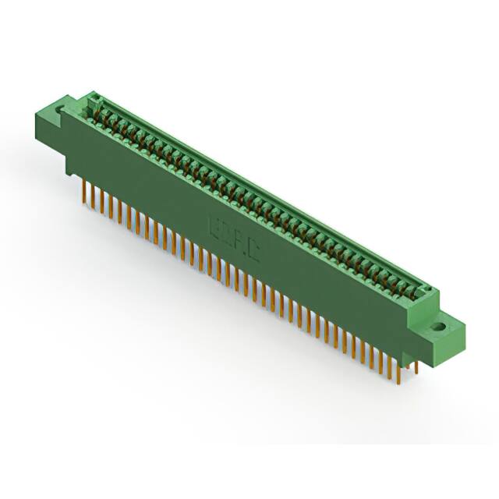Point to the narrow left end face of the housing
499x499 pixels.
(x=71, y=140)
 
